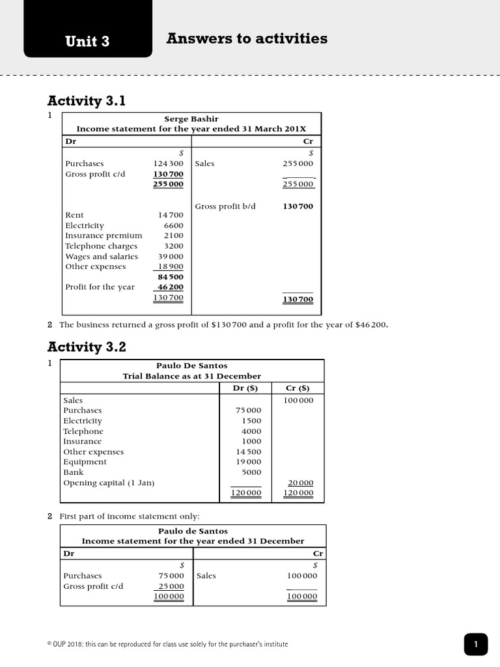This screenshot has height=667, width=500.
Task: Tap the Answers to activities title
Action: click(x=247, y=38)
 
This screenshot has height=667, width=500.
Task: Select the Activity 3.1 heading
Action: click(x=86, y=101)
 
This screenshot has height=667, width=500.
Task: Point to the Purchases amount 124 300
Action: click(x=168, y=163)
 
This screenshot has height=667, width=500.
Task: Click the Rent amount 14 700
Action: click(x=171, y=215)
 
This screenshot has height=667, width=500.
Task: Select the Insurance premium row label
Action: click(x=104, y=235)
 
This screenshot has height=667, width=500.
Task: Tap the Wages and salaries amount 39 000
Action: click(x=171, y=256)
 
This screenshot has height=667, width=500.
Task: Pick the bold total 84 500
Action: click(x=171, y=277)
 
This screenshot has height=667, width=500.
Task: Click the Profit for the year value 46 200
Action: click(x=171, y=287)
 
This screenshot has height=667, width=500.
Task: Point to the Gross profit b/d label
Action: click(x=225, y=206)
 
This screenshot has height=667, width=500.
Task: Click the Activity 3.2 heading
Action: click(x=86, y=347)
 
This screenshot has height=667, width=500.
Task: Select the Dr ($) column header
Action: click(x=245, y=388)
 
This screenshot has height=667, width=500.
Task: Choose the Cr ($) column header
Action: click(x=298, y=388)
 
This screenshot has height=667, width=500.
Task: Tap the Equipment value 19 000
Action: click(x=248, y=462)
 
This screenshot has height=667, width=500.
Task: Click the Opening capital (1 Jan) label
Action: click(x=109, y=483)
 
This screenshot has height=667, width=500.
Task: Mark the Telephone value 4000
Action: click(x=251, y=431)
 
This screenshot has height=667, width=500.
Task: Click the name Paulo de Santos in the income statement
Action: click(x=193, y=531)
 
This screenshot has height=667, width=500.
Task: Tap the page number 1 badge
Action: click(x=476, y=645)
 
